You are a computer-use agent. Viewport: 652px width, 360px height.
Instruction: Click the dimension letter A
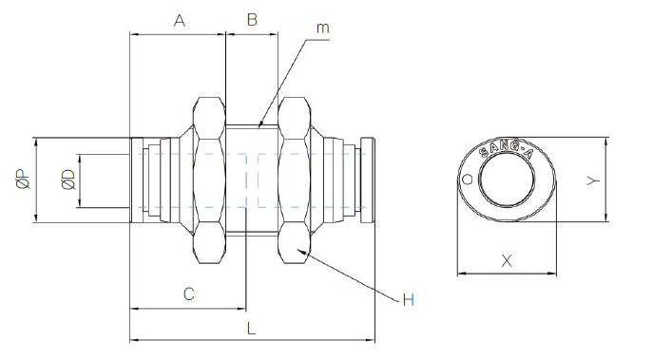[x=180, y=20]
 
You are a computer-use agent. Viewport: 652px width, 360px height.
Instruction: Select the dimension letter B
[x=252, y=20]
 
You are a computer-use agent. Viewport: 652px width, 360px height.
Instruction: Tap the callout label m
[x=323, y=28]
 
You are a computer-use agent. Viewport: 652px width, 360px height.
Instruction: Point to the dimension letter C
[x=189, y=294]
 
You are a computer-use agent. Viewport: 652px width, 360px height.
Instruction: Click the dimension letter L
[x=251, y=329]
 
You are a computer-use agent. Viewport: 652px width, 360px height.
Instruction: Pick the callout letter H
[x=409, y=299]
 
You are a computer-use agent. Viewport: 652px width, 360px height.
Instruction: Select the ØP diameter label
[x=24, y=180]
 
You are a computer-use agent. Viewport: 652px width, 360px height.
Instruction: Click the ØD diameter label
[x=69, y=180]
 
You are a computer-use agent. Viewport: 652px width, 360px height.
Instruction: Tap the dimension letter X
[x=507, y=261]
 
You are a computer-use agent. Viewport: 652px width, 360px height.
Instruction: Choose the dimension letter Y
[x=593, y=180]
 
